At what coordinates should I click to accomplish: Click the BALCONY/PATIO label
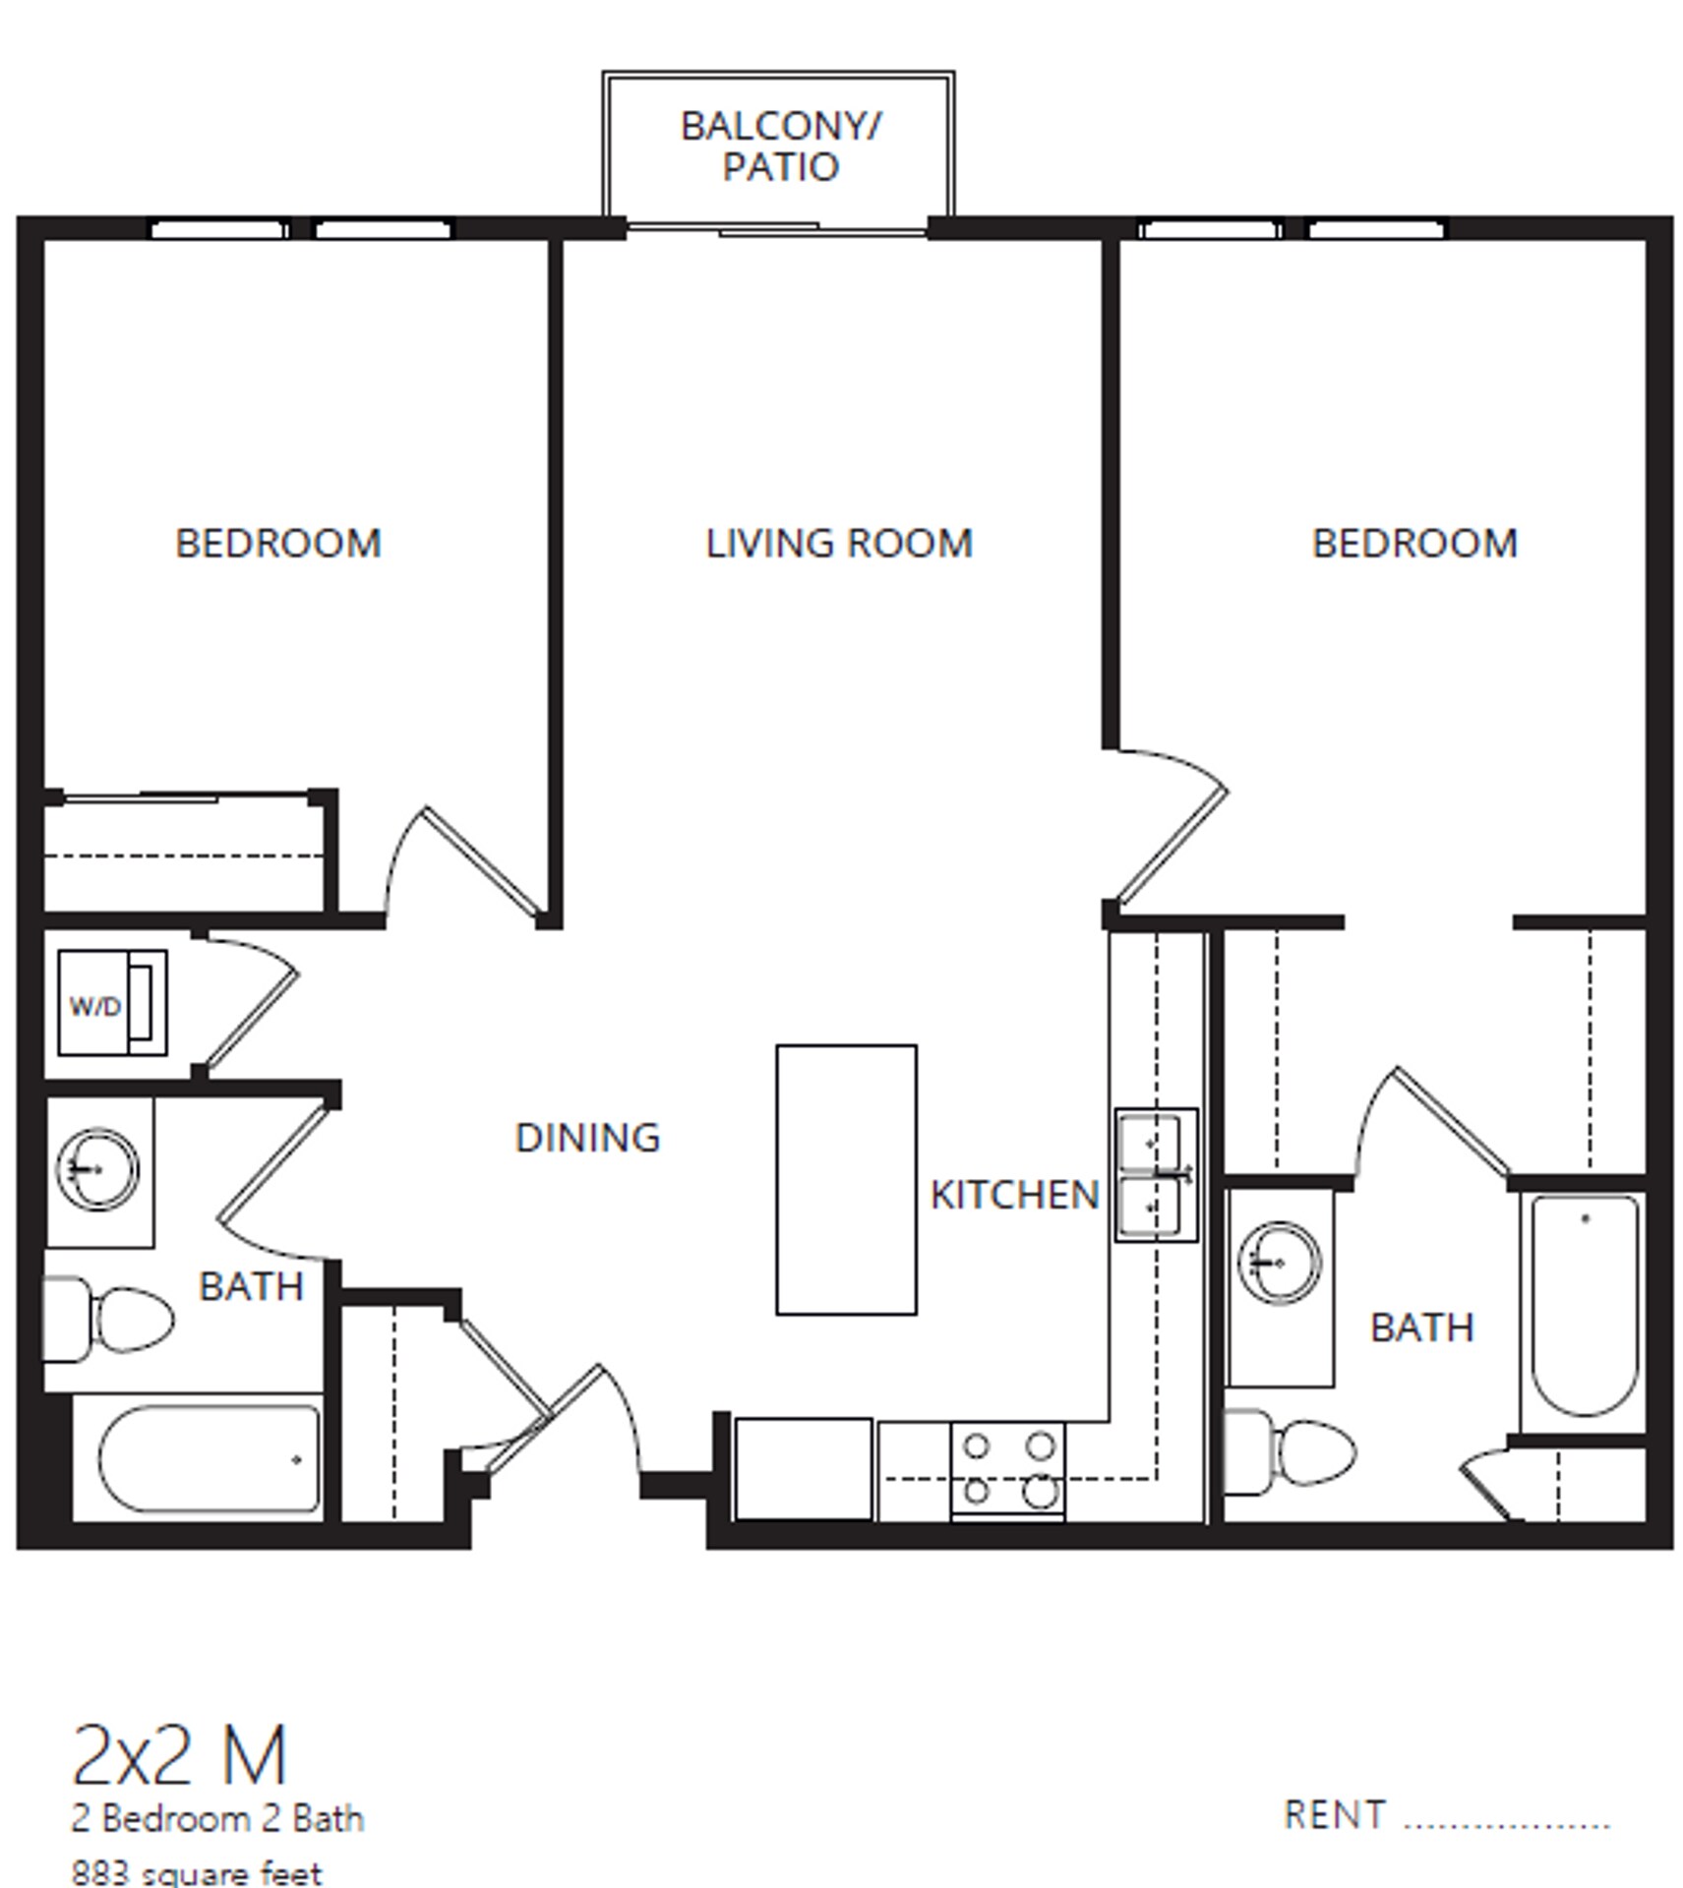780,147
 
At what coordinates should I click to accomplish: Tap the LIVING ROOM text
838,544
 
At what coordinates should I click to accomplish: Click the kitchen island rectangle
846,1179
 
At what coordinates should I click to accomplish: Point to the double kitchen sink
1156,1175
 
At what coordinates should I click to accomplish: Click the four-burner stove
1007,1470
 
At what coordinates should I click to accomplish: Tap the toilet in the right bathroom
1290,1451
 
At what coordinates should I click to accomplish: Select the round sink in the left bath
97,1169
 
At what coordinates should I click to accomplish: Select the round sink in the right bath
1279,1263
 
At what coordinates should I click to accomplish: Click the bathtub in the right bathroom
1584,1305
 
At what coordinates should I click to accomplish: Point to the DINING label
587,1138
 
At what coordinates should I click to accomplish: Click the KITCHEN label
1014,1195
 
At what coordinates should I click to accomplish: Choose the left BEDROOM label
278,544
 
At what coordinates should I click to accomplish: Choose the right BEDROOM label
1414,544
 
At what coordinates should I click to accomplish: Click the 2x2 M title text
179,1757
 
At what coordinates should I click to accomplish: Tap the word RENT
1335,1815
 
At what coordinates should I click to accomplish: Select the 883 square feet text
197,1872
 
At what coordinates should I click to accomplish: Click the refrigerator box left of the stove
803,1468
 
